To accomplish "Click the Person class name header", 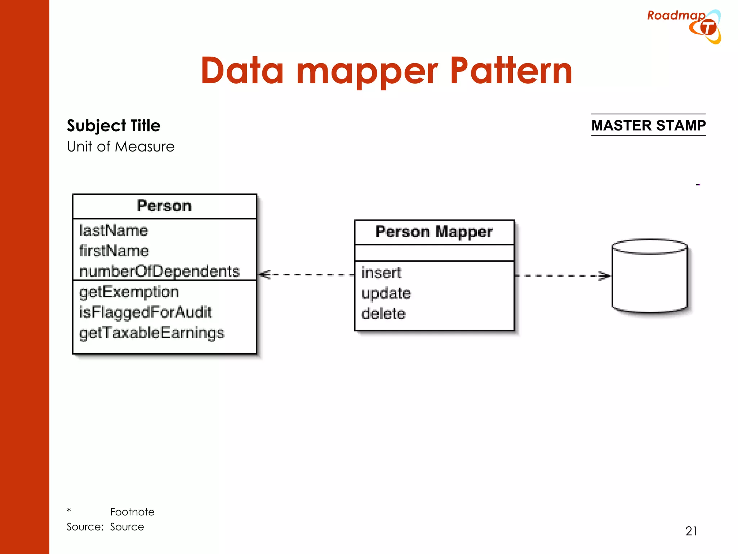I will point(164,206).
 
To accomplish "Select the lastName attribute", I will point(114,230).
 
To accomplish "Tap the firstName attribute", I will point(114,251).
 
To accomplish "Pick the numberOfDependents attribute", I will point(159,271).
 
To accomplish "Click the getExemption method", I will point(129,292).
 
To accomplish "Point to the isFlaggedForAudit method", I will point(145,312).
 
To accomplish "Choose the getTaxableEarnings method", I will point(151,333).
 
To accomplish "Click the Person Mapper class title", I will point(434,232).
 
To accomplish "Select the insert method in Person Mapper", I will point(381,273).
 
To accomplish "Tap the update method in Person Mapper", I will point(386,293).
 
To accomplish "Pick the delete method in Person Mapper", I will point(383,314).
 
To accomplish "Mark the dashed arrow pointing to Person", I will point(306,275).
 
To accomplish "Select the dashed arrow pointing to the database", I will point(562,276).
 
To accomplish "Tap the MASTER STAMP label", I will point(648,125).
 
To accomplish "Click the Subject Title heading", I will point(114,126).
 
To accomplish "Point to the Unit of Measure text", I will point(121,147).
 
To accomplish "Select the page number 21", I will point(691,531).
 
